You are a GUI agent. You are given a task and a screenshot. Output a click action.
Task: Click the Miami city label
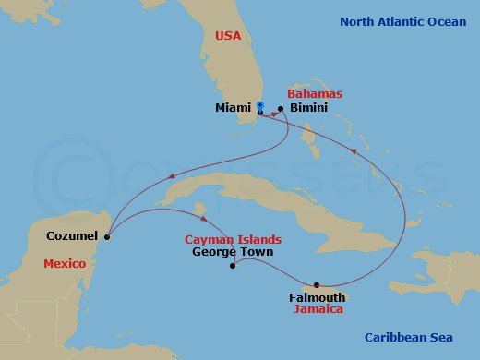(x=232, y=108)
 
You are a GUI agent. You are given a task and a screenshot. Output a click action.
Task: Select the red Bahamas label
(x=315, y=94)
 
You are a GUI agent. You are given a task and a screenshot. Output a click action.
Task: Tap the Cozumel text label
(x=72, y=236)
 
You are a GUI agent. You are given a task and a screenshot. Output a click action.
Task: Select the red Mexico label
(x=64, y=264)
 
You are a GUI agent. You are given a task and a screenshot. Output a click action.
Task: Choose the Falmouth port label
(x=317, y=297)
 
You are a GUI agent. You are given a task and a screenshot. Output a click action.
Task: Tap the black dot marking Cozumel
(x=107, y=237)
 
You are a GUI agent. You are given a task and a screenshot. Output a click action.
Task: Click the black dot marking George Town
(x=232, y=269)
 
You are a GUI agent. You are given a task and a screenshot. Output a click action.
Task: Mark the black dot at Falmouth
(x=317, y=284)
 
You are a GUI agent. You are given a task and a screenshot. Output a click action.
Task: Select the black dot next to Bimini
(x=280, y=108)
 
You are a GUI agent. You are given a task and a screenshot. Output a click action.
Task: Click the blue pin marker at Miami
(x=260, y=105)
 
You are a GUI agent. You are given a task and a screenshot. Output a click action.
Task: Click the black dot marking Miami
(x=260, y=113)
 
